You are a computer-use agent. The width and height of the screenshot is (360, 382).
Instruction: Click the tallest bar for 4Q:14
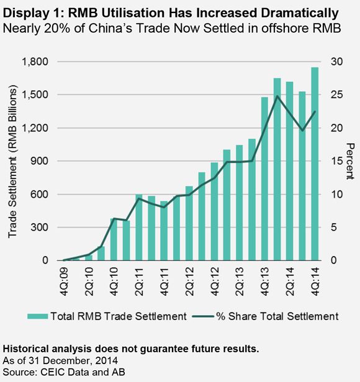(x=315, y=164)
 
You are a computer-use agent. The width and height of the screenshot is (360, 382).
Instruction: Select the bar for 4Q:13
(x=264, y=179)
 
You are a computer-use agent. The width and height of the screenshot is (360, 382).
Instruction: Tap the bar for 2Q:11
(x=139, y=228)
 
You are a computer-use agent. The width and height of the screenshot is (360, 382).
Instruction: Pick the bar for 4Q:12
(x=214, y=211)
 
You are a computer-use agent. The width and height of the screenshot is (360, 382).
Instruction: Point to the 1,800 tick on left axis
(x=35, y=61)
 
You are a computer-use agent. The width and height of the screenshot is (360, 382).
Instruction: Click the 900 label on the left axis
(x=39, y=161)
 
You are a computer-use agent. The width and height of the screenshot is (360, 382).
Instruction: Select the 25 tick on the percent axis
(x=336, y=95)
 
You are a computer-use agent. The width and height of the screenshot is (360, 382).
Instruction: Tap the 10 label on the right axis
(x=336, y=195)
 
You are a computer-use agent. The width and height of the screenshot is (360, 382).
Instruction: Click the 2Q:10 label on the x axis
(x=89, y=282)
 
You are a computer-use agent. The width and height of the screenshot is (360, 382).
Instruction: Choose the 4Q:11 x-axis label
(x=164, y=282)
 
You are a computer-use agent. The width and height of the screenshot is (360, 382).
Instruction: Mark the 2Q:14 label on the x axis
(x=290, y=282)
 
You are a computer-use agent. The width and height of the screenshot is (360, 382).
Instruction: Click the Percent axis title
(x=350, y=161)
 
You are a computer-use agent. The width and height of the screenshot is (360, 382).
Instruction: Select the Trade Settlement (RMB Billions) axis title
(x=12, y=161)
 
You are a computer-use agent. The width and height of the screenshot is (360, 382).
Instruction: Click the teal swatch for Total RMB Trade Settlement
(x=38, y=316)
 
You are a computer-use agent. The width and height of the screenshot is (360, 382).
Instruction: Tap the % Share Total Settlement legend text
(x=277, y=316)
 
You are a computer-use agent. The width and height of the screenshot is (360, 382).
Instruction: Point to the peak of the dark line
(x=277, y=96)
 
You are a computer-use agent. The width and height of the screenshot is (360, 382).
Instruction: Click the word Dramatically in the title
(x=300, y=13)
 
